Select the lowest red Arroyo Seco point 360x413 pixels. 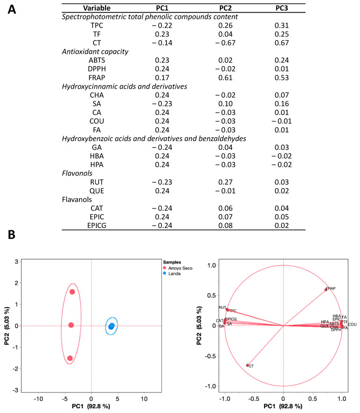[70, 358]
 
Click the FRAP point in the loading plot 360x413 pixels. [326, 290]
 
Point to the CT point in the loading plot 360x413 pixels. [247, 365]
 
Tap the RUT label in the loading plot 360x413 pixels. [222, 307]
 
